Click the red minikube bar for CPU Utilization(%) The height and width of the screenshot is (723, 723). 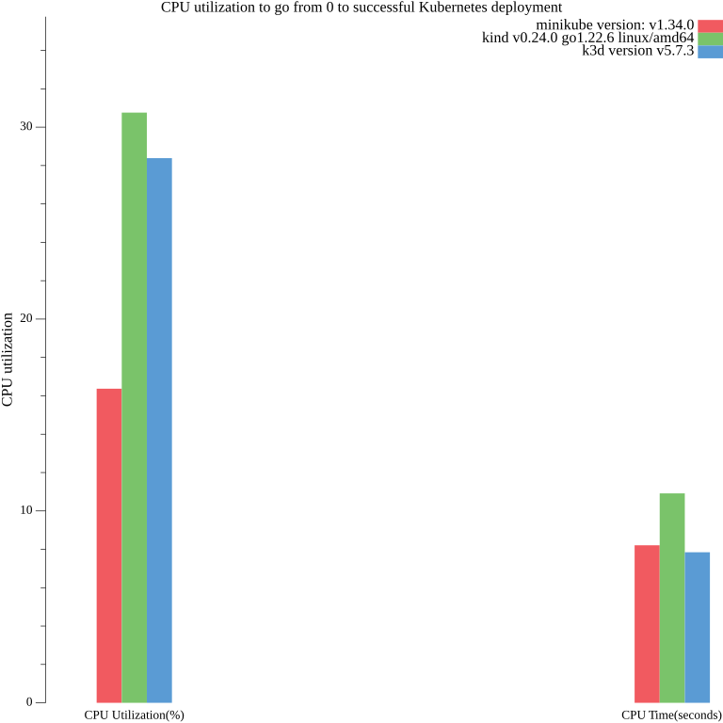pyautogui.click(x=109, y=545)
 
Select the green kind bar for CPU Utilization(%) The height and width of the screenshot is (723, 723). pyautogui.click(x=134, y=407)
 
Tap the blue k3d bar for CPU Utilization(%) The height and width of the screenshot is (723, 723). pyautogui.click(x=159, y=429)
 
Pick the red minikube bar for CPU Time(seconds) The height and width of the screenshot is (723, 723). pyautogui.click(x=647, y=623)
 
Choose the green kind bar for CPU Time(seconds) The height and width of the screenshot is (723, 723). pyautogui.click(x=671, y=597)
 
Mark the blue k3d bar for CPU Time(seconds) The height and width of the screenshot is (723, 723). pyautogui.click(x=697, y=626)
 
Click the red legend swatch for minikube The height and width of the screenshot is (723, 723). pyautogui.click(x=709, y=25)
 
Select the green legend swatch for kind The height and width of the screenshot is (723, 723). pyautogui.click(x=709, y=39)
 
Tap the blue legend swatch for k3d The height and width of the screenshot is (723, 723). pyautogui.click(x=709, y=52)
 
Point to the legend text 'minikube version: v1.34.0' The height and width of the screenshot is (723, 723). pyautogui.click(x=615, y=24)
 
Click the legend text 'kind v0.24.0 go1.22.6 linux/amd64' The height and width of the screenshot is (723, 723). pyautogui.click(x=587, y=38)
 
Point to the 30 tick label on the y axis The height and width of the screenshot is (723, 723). pyautogui.click(x=26, y=126)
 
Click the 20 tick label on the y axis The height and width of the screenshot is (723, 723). pyautogui.click(x=26, y=318)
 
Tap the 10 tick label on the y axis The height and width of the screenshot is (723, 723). pyautogui.click(x=26, y=510)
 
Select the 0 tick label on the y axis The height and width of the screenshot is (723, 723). pyautogui.click(x=29, y=702)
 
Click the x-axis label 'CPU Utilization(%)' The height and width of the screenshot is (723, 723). pyautogui.click(x=134, y=715)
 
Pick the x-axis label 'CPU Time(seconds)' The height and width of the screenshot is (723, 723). pyautogui.click(x=671, y=715)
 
